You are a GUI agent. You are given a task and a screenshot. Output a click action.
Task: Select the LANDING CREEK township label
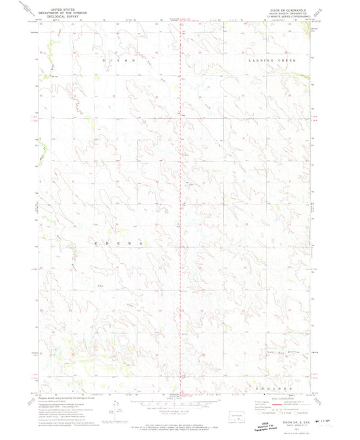coord(268,60)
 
